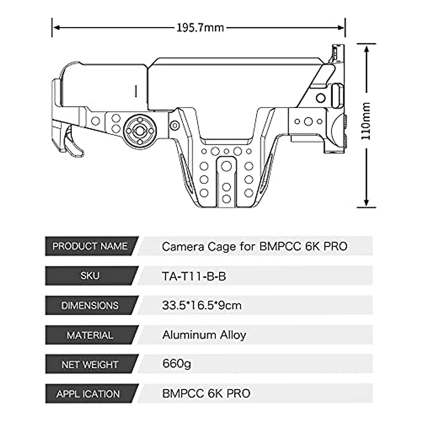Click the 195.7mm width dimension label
pyautogui.click(x=200, y=28)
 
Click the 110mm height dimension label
pyautogui.click(x=366, y=121)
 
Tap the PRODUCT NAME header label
pyautogui.click(x=90, y=246)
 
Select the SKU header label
pyautogui.click(x=90, y=276)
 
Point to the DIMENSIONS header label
pyautogui.click(x=90, y=306)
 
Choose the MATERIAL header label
pyautogui.click(x=90, y=335)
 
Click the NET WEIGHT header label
pyautogui.click(x=90, y=365)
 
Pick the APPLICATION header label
pyautogui.click(x=88, y=394)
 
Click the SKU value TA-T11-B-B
pyautogui.click(x=194, y=276)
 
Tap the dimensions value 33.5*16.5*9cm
pyautogui.click(x=202, y=306)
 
